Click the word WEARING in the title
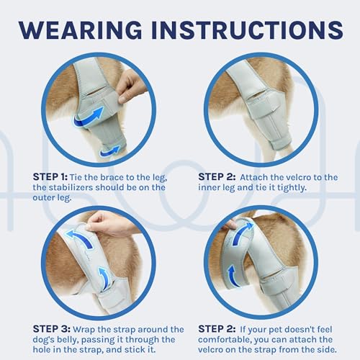tap(81, 30)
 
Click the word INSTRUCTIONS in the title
tap(247, 30)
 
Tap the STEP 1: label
tap(50, 177)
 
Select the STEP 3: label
tap(52, 329)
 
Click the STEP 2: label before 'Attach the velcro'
tap(217, 177)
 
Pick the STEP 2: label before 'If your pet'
tap(217, 329)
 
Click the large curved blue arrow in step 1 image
tap(89, 119)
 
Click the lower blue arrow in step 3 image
tap(104, 279)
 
